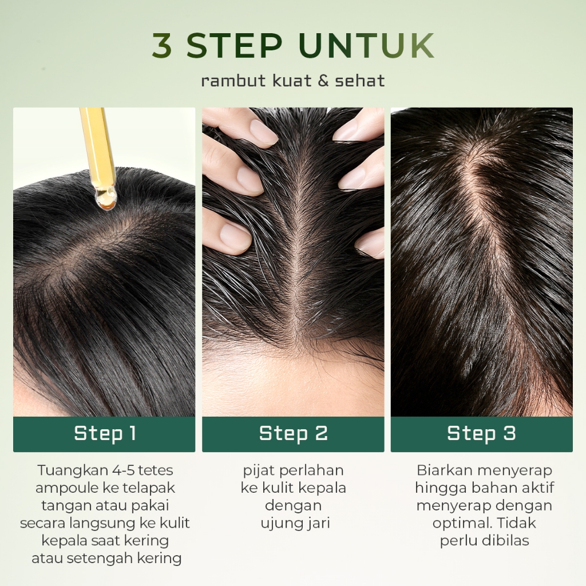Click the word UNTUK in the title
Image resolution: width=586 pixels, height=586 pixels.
(x=367, y=45)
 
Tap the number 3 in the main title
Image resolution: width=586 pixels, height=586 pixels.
(x=162, y=45)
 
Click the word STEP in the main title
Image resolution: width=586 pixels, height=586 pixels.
(x=234, y=45)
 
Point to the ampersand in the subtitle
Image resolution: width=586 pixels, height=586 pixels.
(x=323, y=81)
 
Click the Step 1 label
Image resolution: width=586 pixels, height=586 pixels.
(x=105, y=434)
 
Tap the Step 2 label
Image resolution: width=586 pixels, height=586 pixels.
(x=294, y=434)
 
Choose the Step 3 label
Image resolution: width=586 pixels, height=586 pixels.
(x=481, y=434)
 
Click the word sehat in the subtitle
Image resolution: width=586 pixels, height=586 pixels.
(x=359, y=81)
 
